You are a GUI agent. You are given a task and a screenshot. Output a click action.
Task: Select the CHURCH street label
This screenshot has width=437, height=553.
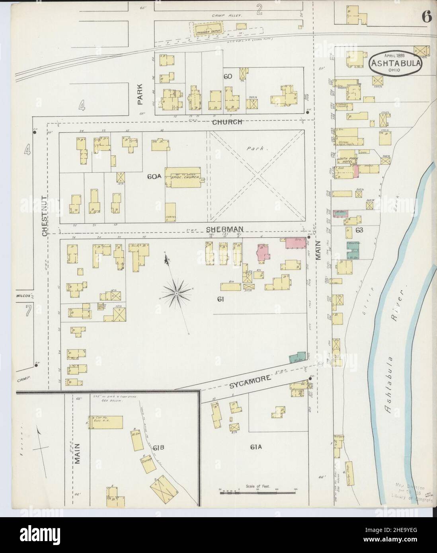227,122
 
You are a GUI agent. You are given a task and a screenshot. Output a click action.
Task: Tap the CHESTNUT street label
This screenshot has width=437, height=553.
45,215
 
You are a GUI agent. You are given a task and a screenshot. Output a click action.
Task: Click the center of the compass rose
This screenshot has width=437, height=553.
176,293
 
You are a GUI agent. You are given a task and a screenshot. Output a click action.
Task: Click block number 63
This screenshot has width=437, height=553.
360,230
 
